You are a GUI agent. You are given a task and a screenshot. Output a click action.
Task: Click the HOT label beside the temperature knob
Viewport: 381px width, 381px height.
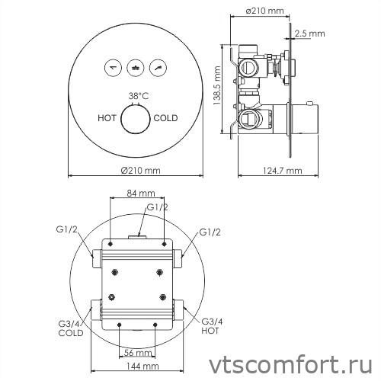pos(107,118)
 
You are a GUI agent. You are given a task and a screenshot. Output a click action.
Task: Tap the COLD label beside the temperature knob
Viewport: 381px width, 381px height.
pos(165,118)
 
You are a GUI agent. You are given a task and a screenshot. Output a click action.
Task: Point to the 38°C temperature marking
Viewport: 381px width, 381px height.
pos(137,96)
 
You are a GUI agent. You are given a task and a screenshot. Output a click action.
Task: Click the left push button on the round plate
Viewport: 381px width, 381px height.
pos(113,67)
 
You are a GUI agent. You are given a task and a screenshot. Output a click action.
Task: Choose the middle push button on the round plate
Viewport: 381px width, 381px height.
pos(136,67)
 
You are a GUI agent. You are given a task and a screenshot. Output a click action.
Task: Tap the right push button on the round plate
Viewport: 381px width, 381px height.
pos(160,67)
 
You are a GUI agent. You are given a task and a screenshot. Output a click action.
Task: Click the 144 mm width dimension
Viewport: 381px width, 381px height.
pos(138,367)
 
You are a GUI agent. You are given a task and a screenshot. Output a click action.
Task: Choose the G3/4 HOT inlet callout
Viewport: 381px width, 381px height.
pos(213,326)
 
